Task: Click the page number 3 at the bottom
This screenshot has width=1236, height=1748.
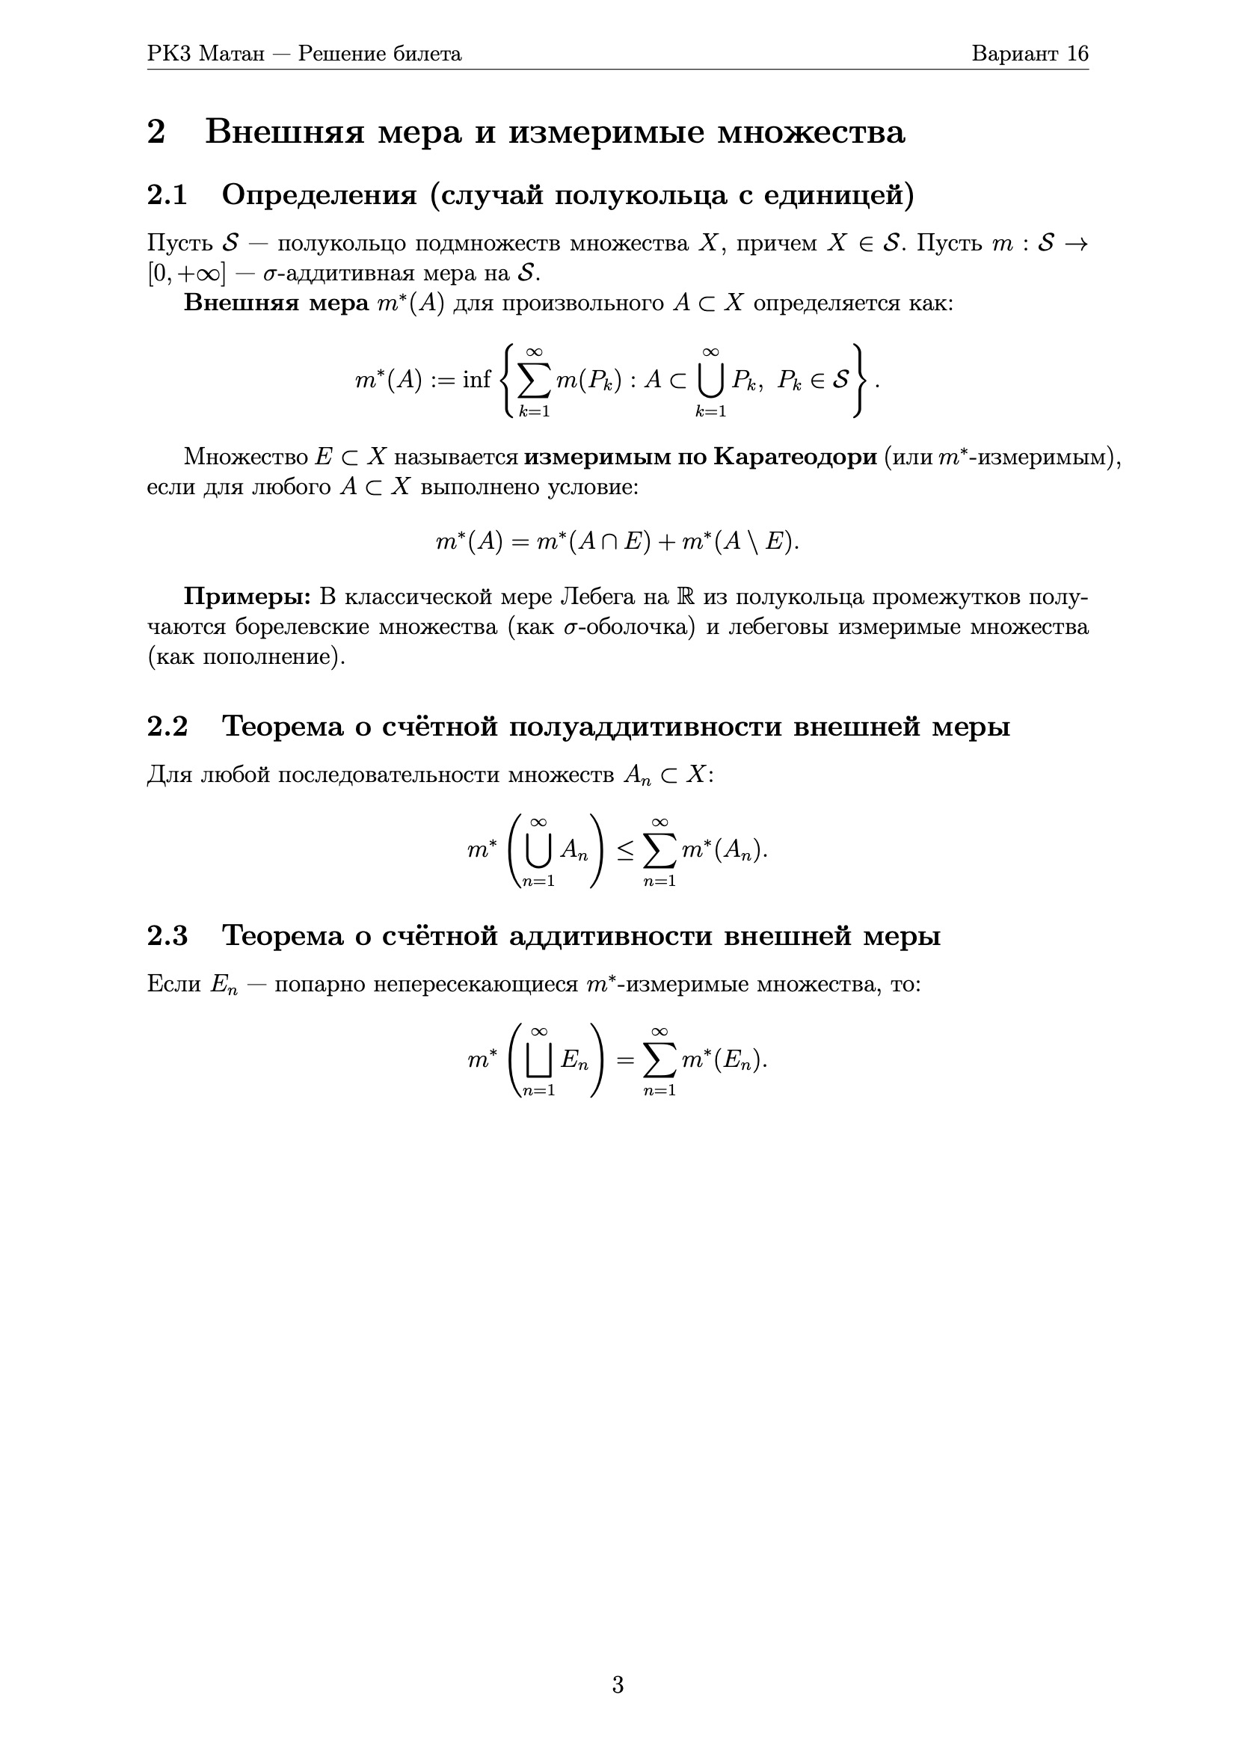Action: [x=618, y=1684]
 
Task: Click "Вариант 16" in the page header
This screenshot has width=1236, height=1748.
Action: [x=1030, y=54]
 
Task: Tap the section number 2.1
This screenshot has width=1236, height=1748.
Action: [x=167, y=196]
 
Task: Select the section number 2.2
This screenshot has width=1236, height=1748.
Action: [x=167, y=726]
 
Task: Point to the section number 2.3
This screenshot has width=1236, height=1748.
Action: [x=167, y=935]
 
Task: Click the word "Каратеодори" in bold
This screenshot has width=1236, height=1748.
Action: [x=795, y=457]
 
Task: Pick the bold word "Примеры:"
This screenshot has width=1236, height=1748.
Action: [x=247, y=597]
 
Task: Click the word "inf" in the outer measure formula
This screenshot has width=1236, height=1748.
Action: [x=477, y=379]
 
